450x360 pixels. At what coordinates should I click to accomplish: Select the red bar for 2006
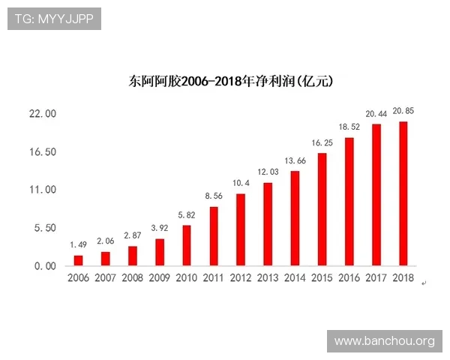78,260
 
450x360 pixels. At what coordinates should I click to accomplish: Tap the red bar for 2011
214,235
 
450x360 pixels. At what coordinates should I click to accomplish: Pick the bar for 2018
403,193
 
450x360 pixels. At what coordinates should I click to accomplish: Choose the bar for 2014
295,218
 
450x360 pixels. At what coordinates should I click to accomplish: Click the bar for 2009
160,252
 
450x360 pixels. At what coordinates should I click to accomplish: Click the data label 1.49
79,244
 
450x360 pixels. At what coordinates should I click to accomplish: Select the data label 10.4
241,183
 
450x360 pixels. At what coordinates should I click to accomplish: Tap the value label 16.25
322,142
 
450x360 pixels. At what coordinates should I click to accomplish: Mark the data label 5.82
187,214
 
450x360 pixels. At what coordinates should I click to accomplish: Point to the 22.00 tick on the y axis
41,114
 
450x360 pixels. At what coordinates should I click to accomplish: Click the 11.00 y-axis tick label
41,190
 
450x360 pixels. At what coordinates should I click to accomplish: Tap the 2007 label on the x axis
106,278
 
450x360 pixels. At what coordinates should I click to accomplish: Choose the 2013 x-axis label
268,278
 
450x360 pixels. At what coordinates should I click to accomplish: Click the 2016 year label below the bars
349,278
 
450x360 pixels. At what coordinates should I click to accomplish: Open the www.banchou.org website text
384,341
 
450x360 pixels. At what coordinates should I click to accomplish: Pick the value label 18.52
349,127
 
